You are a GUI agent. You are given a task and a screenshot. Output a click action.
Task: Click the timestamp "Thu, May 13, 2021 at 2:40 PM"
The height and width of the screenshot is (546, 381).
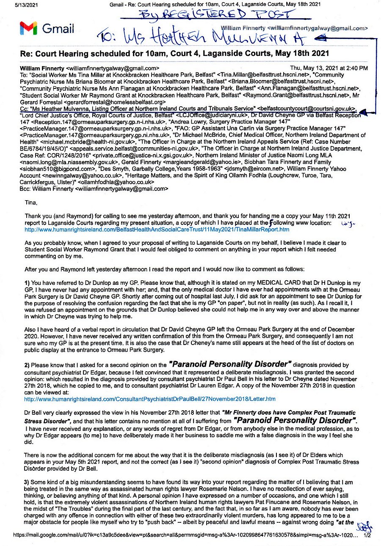coord(329,68)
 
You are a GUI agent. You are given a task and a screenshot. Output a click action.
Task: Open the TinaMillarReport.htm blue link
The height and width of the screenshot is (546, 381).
coord(157,229)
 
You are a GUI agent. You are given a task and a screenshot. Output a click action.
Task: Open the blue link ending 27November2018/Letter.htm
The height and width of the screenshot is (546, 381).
coord(150,399)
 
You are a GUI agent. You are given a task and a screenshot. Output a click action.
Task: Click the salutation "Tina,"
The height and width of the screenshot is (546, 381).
coord(31,203)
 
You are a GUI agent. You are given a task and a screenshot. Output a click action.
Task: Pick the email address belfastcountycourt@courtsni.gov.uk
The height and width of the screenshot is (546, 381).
coord(307,108)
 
